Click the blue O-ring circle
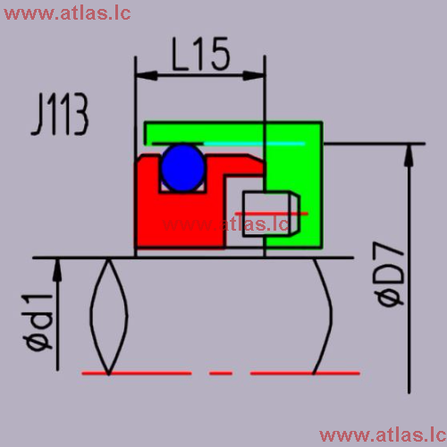[183, 167]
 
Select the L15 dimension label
[201, 55]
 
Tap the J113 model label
[60, 114]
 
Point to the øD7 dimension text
[389, 274]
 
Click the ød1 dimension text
[38, 322]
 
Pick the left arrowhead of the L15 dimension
[146, 76]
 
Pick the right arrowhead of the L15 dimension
[254, 76]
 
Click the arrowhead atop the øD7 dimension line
[409, 155]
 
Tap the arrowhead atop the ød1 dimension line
[57, 270]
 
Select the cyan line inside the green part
[255, 144]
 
